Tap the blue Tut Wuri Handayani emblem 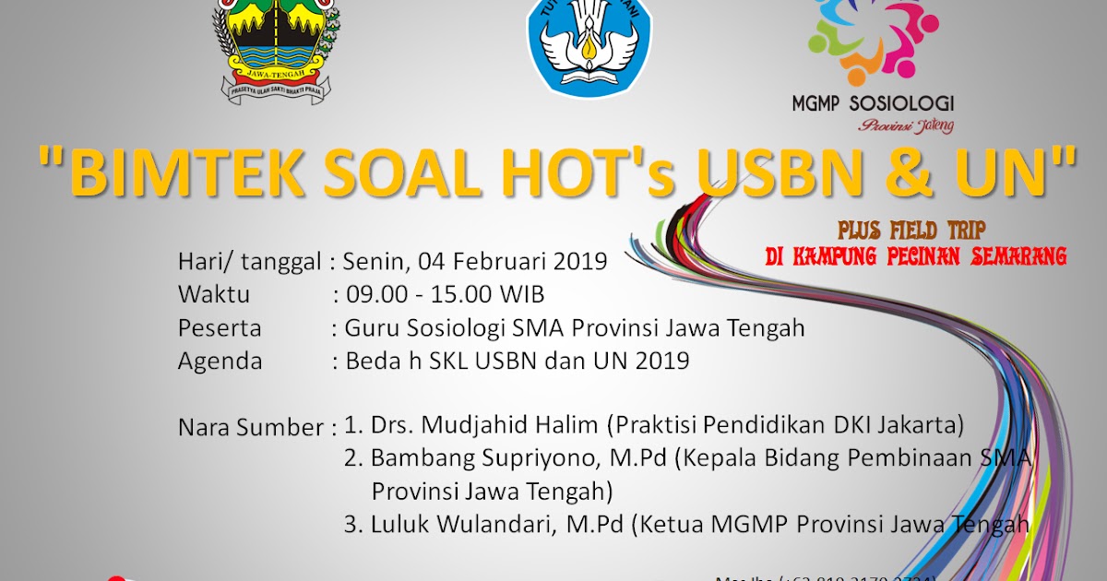pos(589,44)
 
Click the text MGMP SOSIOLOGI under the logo pos(873,104)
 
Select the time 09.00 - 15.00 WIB pos(445,294)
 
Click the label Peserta pos(220,327)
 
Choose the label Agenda pos(220,361)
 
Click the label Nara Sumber pos(250,428)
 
